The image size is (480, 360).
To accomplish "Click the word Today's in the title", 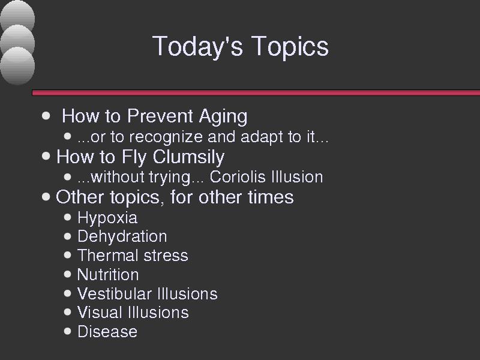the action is pos(198,46).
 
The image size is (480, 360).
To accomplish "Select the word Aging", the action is pos(223,117).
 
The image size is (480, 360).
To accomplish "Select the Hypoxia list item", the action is pos(107,218).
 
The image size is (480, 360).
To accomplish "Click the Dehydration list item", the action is pos(122,236).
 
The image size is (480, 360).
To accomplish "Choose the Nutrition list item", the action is pos(108,275).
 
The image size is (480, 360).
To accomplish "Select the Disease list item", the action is pos(107,332).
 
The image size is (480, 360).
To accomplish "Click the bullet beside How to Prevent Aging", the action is pos(46,116).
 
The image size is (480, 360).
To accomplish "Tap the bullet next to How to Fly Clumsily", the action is pos(46,157).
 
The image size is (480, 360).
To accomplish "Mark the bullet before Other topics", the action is pos(46,197).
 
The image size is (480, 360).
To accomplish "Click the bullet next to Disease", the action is pos(68,331).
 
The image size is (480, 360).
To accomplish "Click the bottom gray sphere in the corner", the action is pos(17,66).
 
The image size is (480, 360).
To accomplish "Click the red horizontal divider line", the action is pos(256,93).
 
